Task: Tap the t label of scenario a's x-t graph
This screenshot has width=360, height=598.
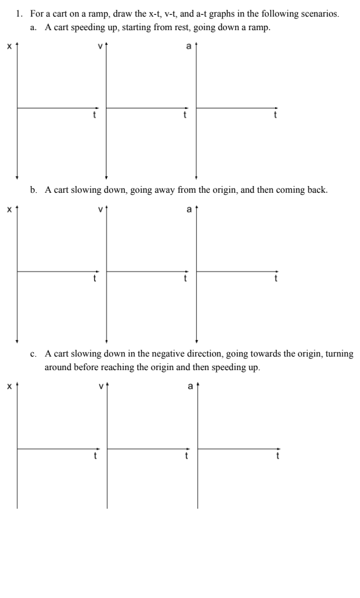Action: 94,116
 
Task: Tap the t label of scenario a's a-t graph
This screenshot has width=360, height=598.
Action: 275,116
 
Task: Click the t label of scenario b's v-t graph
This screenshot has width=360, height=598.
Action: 185,278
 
